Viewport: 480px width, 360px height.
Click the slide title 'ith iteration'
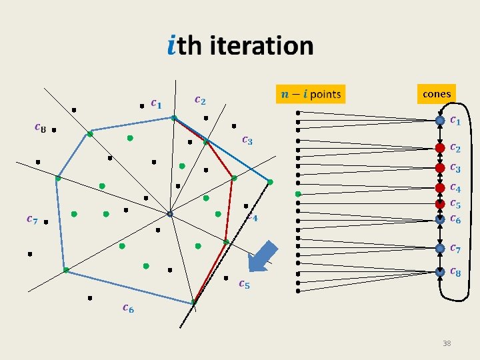click(x=240, y=46)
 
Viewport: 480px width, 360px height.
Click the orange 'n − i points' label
click(x=309, y=95)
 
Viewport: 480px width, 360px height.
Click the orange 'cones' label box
click(x=437, y=94)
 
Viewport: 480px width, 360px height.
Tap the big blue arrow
click(x=262, y=257)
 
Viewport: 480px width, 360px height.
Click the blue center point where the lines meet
click(x=170, y=214)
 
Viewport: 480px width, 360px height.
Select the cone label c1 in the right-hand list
click(x=455, y=121)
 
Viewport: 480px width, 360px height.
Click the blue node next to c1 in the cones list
click(x=440, y=121)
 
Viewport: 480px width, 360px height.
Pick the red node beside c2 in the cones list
click(x=440, y=147)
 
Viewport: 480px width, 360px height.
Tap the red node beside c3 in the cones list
click(x=440, y=167)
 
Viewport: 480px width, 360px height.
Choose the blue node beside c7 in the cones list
click(x=440, y=248)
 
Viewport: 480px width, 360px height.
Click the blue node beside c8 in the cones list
click(x=440, y=271)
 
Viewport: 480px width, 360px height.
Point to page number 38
click(x=447, y=343)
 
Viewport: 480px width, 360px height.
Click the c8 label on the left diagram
click(x=40, y=128)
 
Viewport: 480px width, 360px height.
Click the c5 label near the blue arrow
click(x=244, y=284)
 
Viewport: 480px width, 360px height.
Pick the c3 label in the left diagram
click(x=247, y=140)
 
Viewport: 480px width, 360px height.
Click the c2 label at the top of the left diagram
click(x=199, y=100)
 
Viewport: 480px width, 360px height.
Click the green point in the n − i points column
click(x=299, y=193)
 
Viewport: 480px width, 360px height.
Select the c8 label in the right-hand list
click(x=455, y=272)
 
